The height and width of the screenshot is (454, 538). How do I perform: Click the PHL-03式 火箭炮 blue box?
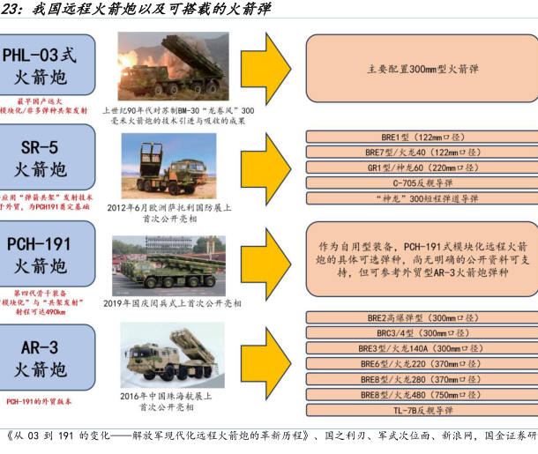44,63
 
